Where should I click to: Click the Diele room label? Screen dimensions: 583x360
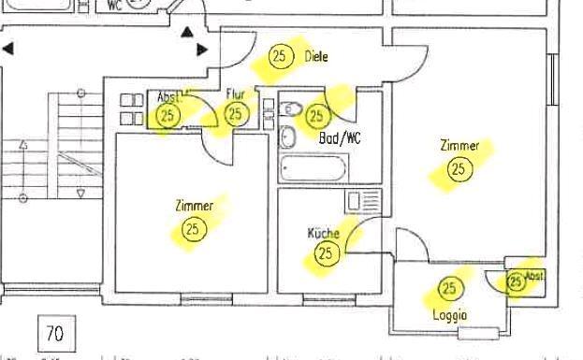(x=316, y=56)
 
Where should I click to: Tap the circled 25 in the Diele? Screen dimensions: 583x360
(x=280, y=56)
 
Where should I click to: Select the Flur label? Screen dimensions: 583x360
(x=235, y=94)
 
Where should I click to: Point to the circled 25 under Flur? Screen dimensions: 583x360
(x=236, y=114)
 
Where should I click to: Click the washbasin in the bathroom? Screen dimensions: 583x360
(x=288, y=138)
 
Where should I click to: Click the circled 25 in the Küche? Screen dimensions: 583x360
(x=326, y=252)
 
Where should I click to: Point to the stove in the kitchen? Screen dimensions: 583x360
(x=359, y=201)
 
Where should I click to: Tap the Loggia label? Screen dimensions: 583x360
(x=450, y=315)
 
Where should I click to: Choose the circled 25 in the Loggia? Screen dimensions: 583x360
(x=450, y=288)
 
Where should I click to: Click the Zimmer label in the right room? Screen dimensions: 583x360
(x=459, y=146)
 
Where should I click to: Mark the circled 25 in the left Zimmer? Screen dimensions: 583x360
(x=194, y=228)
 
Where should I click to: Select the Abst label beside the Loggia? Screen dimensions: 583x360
(x=533, y=276)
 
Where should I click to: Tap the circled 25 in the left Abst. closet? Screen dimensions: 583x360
(x=168, y=116)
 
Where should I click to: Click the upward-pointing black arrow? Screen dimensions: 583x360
(x=187, y=33)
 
